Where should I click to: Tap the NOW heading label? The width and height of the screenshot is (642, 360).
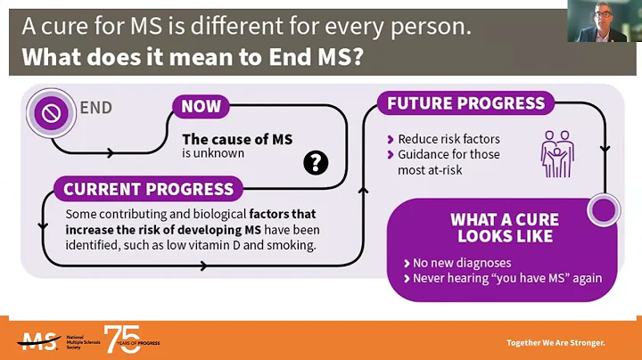pos(201,107)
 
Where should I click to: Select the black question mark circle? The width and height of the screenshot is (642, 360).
pos(316,162)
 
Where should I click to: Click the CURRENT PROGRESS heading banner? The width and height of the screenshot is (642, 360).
pos(148,189)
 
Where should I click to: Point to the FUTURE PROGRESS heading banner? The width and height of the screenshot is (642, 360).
pos(465,103)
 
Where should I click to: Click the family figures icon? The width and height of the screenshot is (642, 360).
pos(557,154)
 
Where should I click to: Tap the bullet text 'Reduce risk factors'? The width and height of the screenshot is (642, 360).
pos(449,139)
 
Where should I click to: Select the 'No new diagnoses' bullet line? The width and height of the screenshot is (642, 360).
pos(460,264)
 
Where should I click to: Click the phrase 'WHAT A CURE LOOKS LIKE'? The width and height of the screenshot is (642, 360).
pos(505,228)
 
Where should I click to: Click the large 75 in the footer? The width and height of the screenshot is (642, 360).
pos(122,339)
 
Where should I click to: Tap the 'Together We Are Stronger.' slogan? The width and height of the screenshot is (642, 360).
pos(555,343)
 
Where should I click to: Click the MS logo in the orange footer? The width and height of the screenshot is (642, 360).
pos(37,341)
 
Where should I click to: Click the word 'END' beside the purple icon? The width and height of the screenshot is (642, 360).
pos(96,109)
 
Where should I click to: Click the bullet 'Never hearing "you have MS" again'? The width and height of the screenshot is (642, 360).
pos(507,278)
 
